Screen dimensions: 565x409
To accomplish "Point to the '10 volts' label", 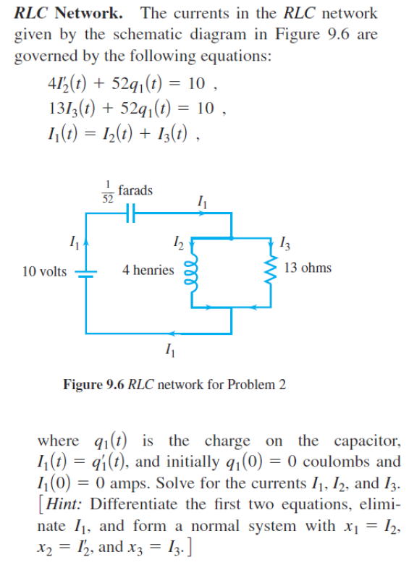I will (x=44, y=271).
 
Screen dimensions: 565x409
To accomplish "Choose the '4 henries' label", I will (x=148, y=270).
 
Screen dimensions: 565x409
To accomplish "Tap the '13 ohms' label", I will (x=308, y=268).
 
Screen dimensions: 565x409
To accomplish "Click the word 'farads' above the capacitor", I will (x=135, y=190).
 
